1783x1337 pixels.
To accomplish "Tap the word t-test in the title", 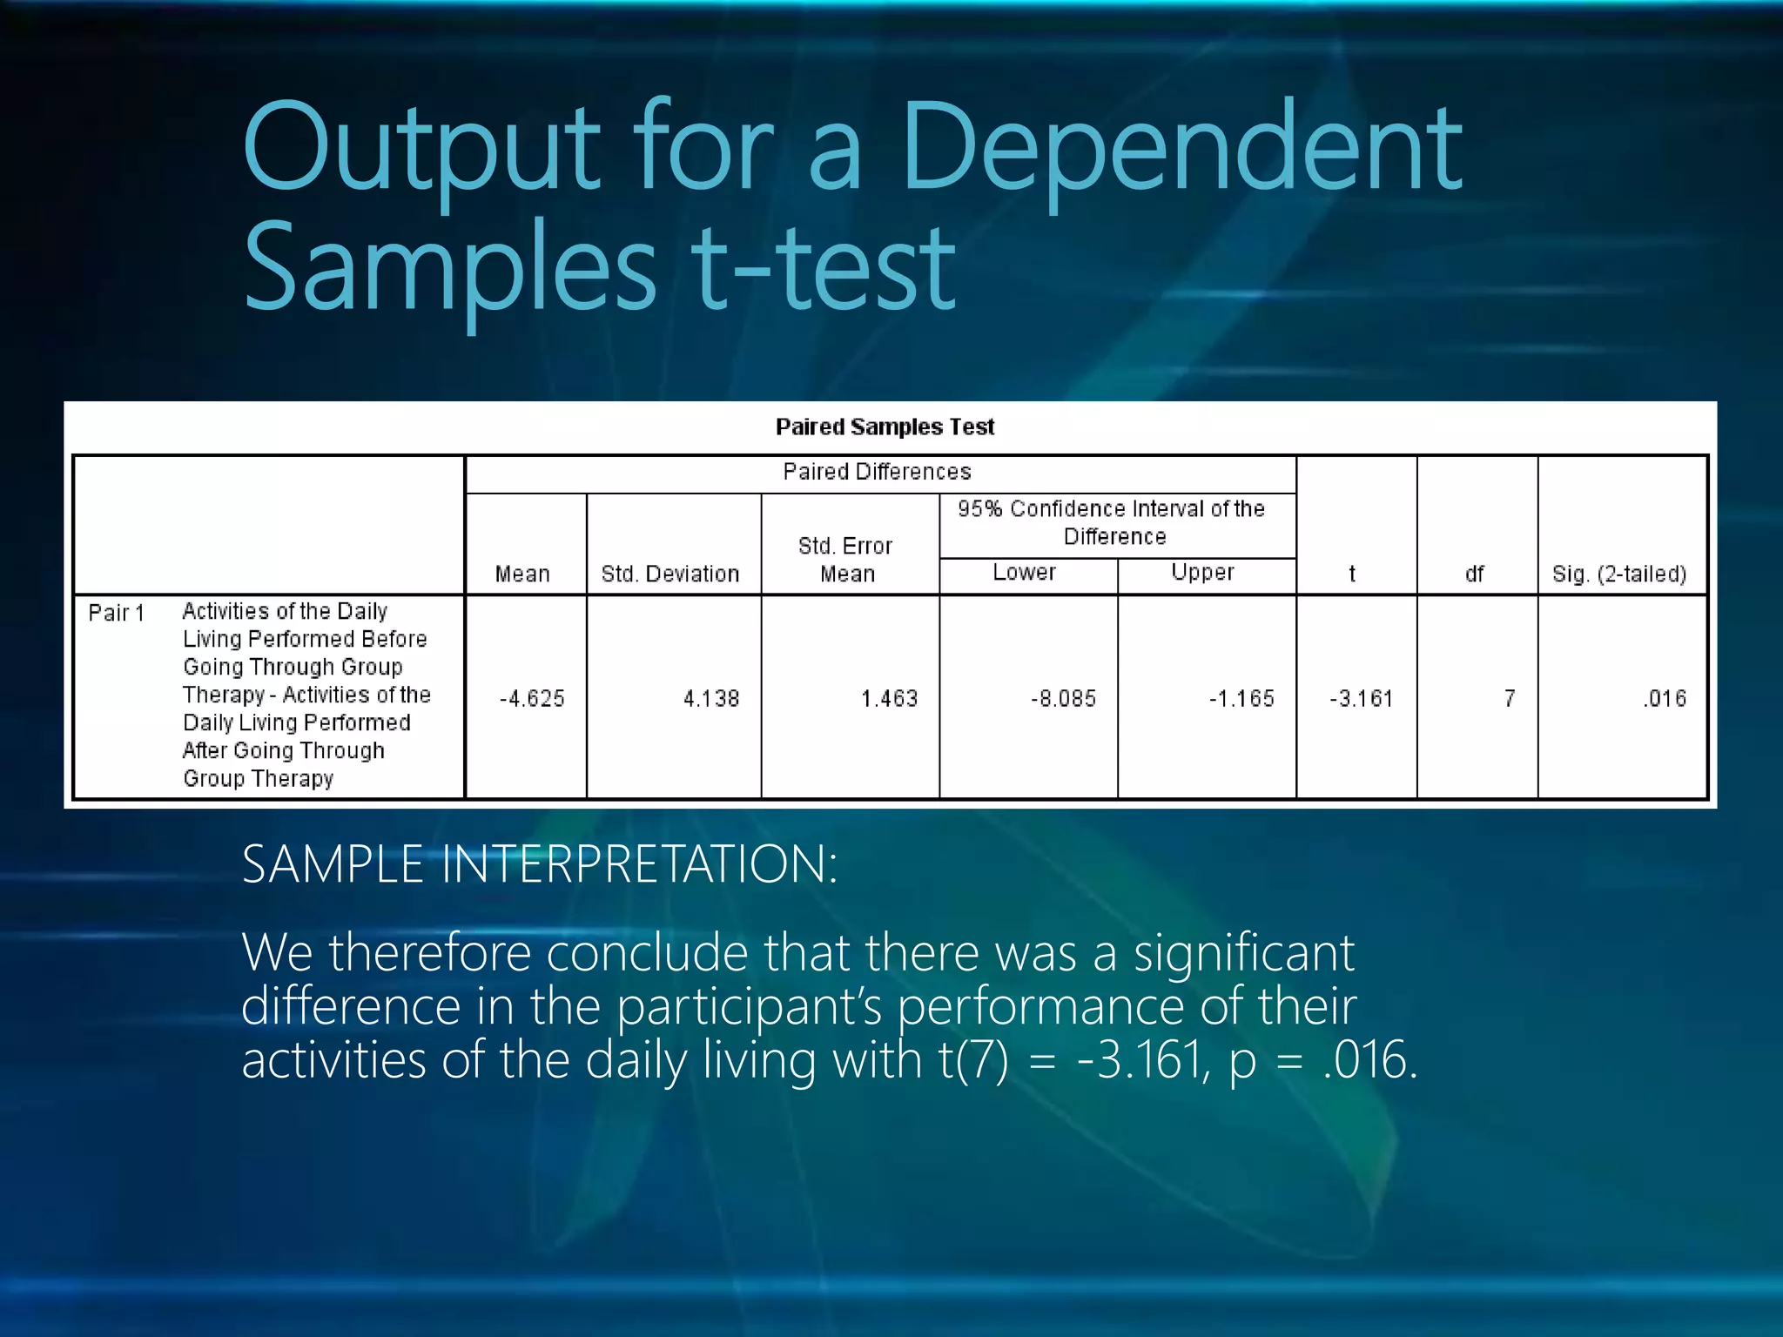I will coord(824,266).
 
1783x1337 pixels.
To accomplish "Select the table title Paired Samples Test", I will coord(885,427).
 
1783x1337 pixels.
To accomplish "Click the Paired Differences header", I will coord(877,472).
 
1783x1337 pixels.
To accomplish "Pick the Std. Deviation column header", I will coord(669,574).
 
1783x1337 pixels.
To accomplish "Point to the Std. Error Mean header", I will coord(846,560).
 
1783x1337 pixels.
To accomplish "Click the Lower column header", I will coord(1024,572).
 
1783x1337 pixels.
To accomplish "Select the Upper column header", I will coord(1202,572).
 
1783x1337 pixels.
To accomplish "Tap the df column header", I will coord(1474,574).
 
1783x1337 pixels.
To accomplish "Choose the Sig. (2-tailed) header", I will coord(1619,574).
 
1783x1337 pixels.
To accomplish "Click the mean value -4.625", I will coord(532,698).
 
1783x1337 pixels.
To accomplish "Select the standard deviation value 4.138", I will coord(710,698).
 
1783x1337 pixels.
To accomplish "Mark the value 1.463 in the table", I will coord(889,698).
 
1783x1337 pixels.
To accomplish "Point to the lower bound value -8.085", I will coord(1063,698).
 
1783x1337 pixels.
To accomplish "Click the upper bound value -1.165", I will coord(1241,698).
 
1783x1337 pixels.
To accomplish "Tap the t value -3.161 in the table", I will coord(1361,698).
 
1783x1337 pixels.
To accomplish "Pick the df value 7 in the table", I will coord(1509,698).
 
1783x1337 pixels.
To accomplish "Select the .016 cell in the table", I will coord(1665,698).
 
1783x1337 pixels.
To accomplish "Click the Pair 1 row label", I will coord(116,613).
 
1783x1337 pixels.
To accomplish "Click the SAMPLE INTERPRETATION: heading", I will coord(540,864).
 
